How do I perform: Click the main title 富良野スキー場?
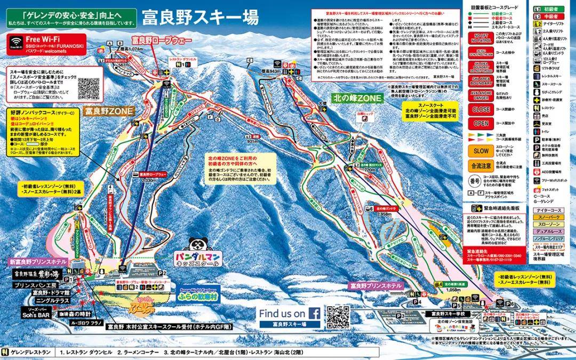point(201,18)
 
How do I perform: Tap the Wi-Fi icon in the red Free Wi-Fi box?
point(15,41)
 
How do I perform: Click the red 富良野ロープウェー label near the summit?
point(162,40)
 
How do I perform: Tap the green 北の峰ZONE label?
point(359,98)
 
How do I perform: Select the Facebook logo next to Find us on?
point(314,314)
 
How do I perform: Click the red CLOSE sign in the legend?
point(481,110)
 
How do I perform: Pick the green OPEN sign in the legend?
point(481,123)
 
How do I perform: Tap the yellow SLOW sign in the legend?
point(481,150)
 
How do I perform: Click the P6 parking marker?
point(509,303)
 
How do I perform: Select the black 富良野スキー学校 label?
point(449,314)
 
